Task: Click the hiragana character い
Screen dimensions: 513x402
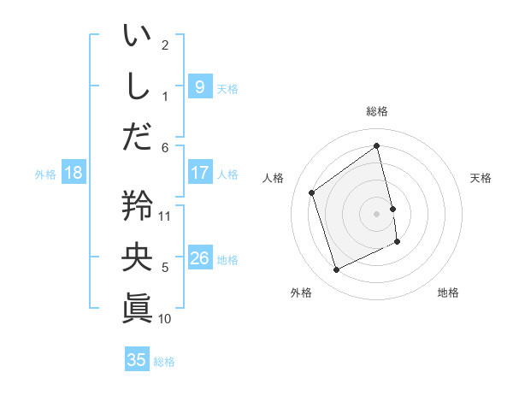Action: pos(137,37)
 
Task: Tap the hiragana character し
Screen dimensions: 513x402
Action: pos(137,86)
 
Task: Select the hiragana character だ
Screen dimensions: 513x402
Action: pos(137,135)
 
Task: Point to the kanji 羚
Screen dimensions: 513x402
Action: pos(137,205)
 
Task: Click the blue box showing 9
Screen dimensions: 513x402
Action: pos(199,87)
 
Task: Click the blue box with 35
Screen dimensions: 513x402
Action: pos(136,360)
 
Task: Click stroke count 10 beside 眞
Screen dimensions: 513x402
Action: pos(166,319)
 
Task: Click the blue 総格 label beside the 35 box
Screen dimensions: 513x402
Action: pos(164,362)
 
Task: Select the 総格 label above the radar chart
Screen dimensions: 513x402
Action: pos(377,111)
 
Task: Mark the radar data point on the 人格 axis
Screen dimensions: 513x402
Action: pos(311,192)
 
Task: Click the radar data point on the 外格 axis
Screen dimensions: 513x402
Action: pos(336,270)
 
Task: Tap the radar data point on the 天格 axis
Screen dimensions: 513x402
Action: pos(392,208)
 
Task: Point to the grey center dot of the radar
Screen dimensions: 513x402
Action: pos(377,213)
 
